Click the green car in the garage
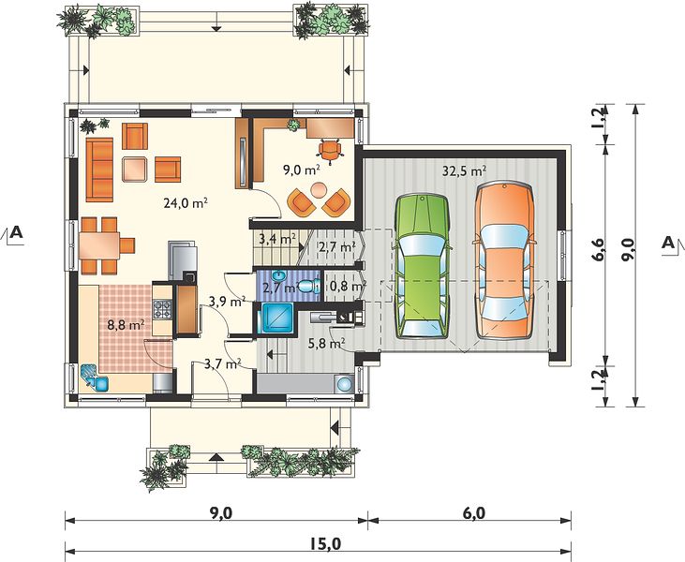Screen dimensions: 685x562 pos(423,266)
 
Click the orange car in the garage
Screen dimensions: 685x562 pos(504,261)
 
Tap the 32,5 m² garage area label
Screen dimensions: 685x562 pos(465,170)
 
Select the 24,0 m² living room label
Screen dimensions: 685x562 pos(186,202)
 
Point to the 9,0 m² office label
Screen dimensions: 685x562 pos(302,170)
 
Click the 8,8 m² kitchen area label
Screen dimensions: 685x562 pos(127,325)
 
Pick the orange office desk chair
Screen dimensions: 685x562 pos(330,151)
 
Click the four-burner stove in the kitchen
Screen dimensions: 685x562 pos(162,309)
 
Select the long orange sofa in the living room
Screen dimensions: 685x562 pos(99,170)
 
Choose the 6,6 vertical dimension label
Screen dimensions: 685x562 pos(599,249)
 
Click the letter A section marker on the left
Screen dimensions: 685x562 pos(17,232)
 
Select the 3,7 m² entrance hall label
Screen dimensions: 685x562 pos(223,362)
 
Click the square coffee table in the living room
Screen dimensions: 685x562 pos(135,170)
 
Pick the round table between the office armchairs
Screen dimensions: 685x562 pos(318,190)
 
